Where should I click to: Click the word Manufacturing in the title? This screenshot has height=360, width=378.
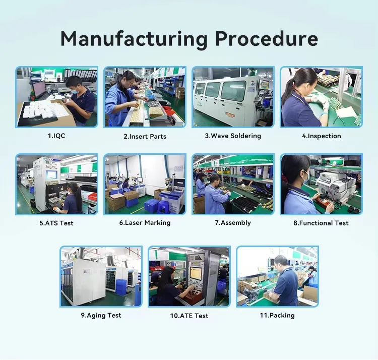tap(134, 39)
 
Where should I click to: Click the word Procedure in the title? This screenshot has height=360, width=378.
tap(267, 38)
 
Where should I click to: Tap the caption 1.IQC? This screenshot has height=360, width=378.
tap(56, 136)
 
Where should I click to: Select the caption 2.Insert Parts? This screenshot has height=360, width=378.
tap(145, 137)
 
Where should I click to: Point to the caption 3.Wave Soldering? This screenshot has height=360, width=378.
tap(233, 136)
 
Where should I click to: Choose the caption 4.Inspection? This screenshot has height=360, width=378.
tap(322, 136)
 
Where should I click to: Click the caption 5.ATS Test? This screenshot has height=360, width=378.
tap(56, 223)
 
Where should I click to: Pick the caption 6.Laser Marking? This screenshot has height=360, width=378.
tap(145, 223)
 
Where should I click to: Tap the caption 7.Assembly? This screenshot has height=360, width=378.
tap(233, 223)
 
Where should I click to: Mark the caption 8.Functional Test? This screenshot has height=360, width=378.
tap(321, 223)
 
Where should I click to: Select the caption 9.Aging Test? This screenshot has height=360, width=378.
tap(101, 316)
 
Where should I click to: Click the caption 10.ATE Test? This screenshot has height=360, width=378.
tap(189, 316)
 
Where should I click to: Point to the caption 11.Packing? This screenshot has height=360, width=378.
tap(277, 316)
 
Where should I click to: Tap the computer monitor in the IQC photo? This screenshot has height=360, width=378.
tap(39, 89)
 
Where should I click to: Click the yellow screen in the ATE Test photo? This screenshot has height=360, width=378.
tap(196, 273)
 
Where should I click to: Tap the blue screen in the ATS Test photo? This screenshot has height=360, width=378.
tap(52, 175)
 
